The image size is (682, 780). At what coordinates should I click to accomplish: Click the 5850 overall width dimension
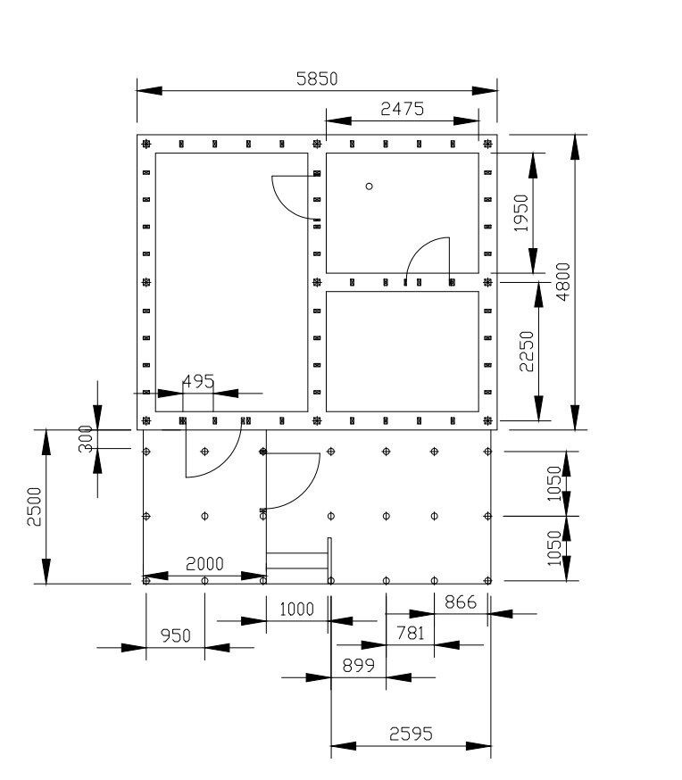pos(317,79)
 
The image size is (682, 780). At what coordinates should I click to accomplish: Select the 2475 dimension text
pos(402,109)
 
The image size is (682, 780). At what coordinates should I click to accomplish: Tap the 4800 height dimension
pos(563,281)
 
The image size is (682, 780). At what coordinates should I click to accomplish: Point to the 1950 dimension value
pos(520,213)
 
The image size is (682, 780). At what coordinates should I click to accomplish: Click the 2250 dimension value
pos(527,352)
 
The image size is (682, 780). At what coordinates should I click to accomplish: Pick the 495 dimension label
pos(198,382)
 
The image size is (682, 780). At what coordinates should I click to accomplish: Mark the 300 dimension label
pos(86,439)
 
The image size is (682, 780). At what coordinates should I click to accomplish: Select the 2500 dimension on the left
pos(34,506)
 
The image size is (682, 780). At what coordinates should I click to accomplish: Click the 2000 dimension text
pos(204,564)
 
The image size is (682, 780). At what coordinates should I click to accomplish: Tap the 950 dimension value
pos(176,635)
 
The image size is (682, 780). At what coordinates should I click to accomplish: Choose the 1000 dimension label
pos(297,609)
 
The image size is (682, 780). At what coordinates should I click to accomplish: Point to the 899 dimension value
pos(359,665)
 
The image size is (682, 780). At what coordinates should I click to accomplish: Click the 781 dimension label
pos(411,633)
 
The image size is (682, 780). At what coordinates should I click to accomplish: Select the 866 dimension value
pos(461,602)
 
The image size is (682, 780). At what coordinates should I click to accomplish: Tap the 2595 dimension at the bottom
pos(411,734)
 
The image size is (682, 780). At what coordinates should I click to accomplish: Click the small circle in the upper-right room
pos(369,186)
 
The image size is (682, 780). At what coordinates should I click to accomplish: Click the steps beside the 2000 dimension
pos(299,560)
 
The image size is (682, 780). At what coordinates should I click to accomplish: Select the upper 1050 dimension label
pos(554,484)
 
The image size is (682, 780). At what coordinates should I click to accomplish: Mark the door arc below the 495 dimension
pos(227,463)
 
